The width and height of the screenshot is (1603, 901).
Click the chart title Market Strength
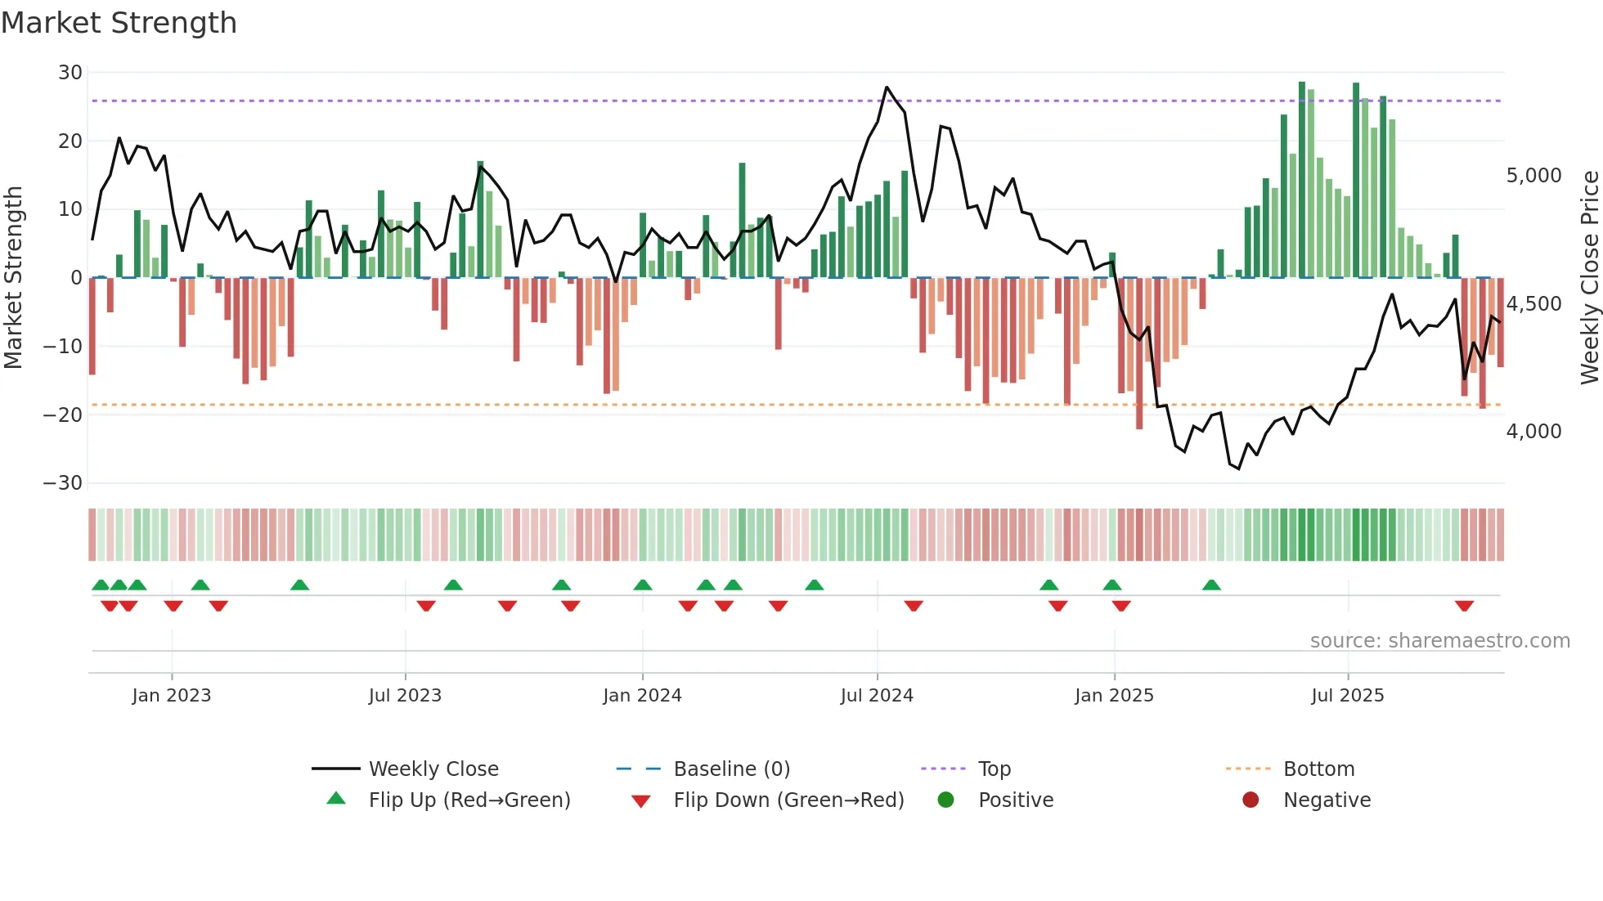[x=119, y=23]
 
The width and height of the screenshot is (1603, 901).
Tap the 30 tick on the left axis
[x=70, y=73]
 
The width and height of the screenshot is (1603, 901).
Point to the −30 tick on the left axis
[x=63, y=483]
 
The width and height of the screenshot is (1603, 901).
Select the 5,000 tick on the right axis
[x=1533, y=176]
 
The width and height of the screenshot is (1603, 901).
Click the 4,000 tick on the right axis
[x=1533, y=432]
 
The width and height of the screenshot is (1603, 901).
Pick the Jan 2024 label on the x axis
[x=642, y=696]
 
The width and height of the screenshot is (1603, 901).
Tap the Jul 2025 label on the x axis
[x=1347, y=696]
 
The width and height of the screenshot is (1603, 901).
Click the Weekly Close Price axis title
[x=1589, y=278]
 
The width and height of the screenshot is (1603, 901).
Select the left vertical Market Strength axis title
[x=14, y=278]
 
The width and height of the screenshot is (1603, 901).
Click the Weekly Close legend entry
[x=433, y=769]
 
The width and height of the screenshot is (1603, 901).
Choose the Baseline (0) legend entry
[x=731, y=769]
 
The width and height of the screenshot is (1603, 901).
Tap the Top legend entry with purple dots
[x=994, y=769]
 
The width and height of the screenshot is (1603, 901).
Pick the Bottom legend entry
[x=1318, y=769]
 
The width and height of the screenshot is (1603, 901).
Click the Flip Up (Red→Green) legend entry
[x=469, y=800]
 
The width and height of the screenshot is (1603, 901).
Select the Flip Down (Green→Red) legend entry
[x=788, y=800]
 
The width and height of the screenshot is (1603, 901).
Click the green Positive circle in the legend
[x=946, y=800]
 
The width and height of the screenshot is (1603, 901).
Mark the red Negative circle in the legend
[x=1251, y=800]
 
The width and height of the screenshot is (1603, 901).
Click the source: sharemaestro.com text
[x=1439, y=641]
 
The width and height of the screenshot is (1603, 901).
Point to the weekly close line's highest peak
[x=887, y=87]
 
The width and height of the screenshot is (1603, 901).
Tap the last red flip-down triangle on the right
[x=1464, y=606]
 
